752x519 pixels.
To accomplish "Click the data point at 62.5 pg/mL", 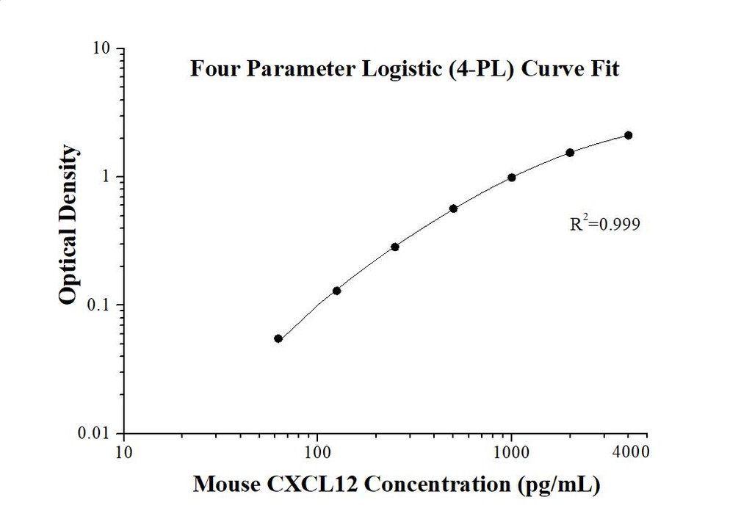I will [x=278, y=338].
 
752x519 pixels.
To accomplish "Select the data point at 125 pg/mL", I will [x=336, y=291].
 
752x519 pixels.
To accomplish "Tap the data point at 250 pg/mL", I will [x=395, y=247].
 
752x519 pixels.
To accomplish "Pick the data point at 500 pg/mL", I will [x=453, y=208].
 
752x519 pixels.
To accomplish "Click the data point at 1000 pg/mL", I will [x=512, y=178].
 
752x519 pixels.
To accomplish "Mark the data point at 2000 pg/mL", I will [x=570, y=153].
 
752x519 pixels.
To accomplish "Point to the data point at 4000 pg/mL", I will [x=629, y=135].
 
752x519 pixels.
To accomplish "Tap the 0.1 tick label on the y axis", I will [x=101, y=305].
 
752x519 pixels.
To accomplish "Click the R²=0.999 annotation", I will [x=604, y=225].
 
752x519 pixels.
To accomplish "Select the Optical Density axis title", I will [x=68, y=225].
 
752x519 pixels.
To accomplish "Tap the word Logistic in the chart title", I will [x=374, y=70].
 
